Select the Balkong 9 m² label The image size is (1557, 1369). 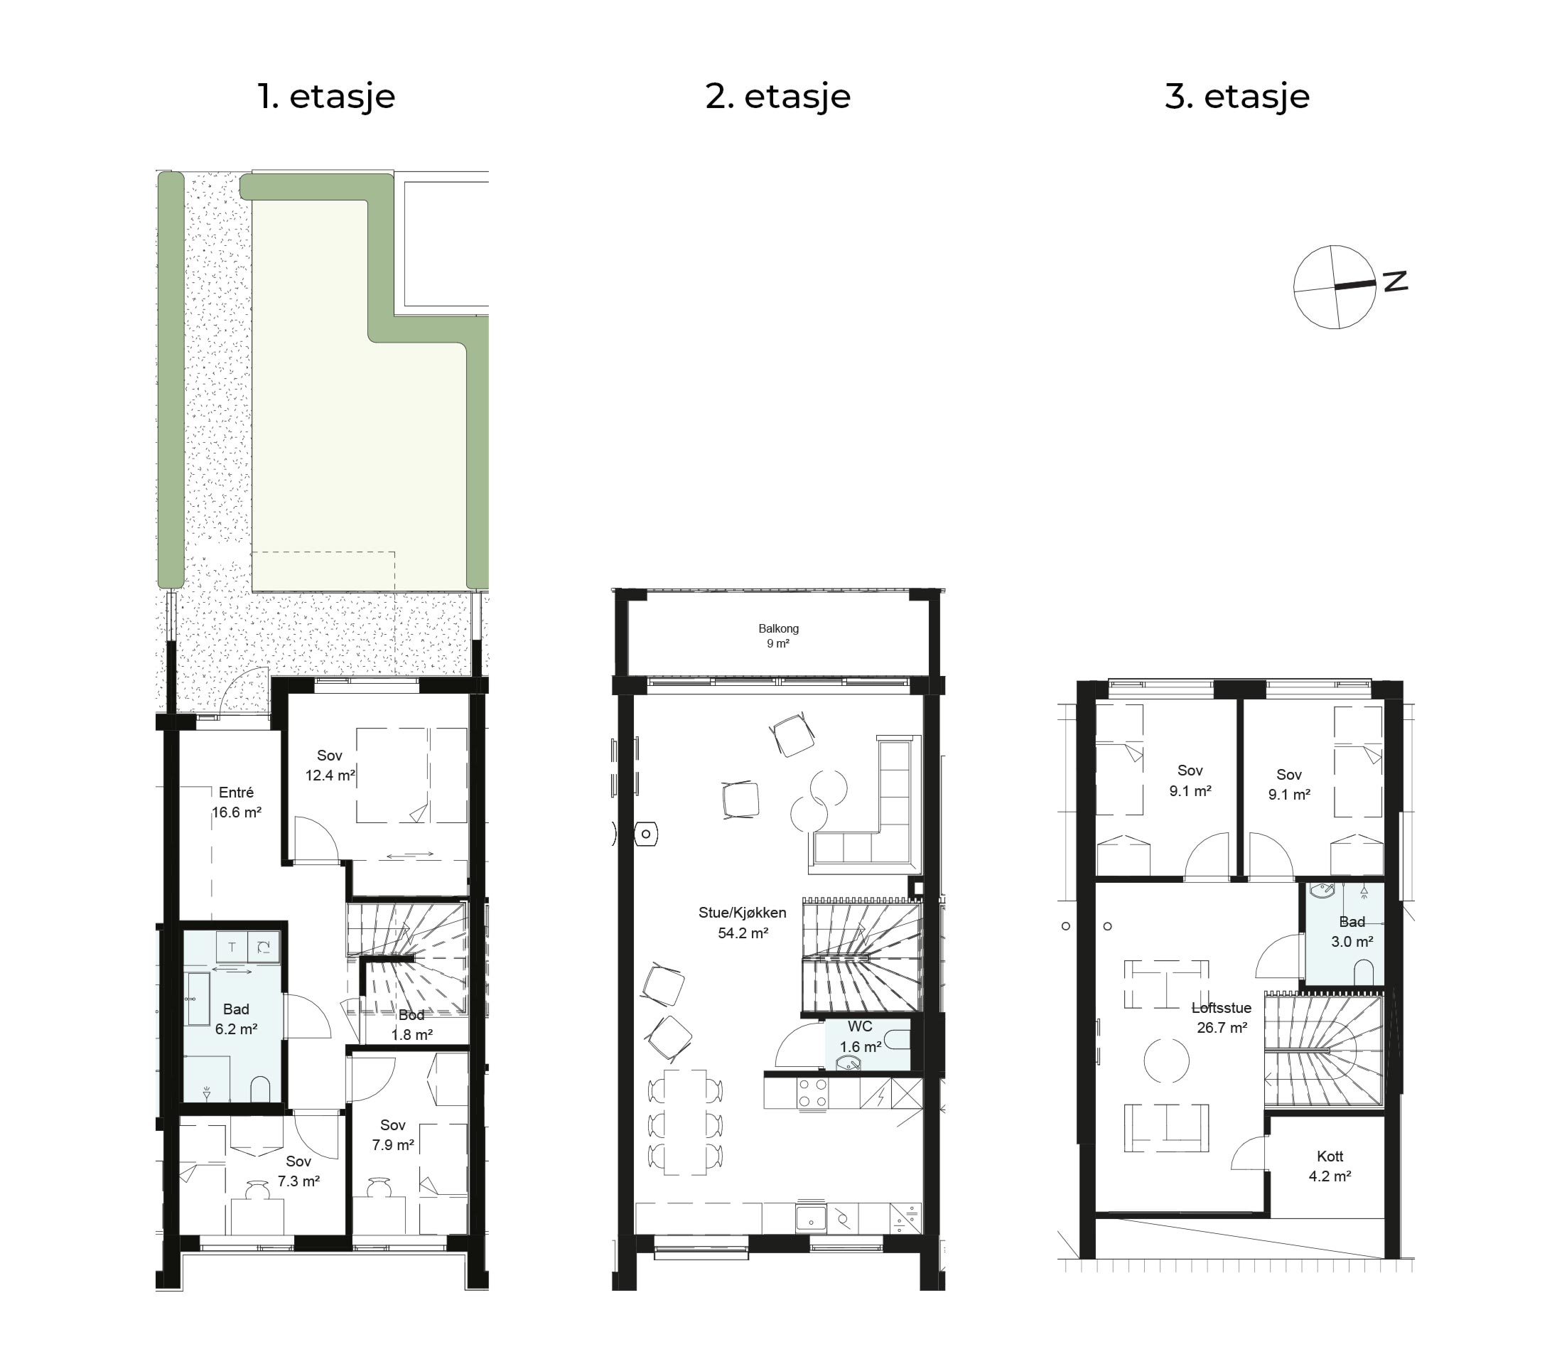tap(777, 636)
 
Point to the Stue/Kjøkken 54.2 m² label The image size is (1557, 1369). tap(743, 923)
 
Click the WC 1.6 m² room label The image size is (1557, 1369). tap(860, 1037)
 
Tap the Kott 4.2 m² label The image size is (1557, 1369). tap(1330, 1166)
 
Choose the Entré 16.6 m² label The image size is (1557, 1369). tap(236, 802)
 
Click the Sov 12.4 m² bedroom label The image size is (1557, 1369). tap(330, 766)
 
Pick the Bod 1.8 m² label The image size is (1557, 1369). tap(411, 1025)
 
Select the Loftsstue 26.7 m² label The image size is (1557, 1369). tap(1222, 1018)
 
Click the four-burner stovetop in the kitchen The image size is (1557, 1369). tap(813, 1093)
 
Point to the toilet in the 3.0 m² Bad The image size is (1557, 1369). tap(1364, 973)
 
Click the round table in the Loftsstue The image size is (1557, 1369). tap(1166, 1060)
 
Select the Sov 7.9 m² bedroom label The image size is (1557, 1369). tap(393, 1134)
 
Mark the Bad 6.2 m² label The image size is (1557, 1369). tap(236, 1019)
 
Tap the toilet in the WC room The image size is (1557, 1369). tap(898, 1038)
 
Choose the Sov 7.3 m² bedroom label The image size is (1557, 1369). tap(298, 1171)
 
